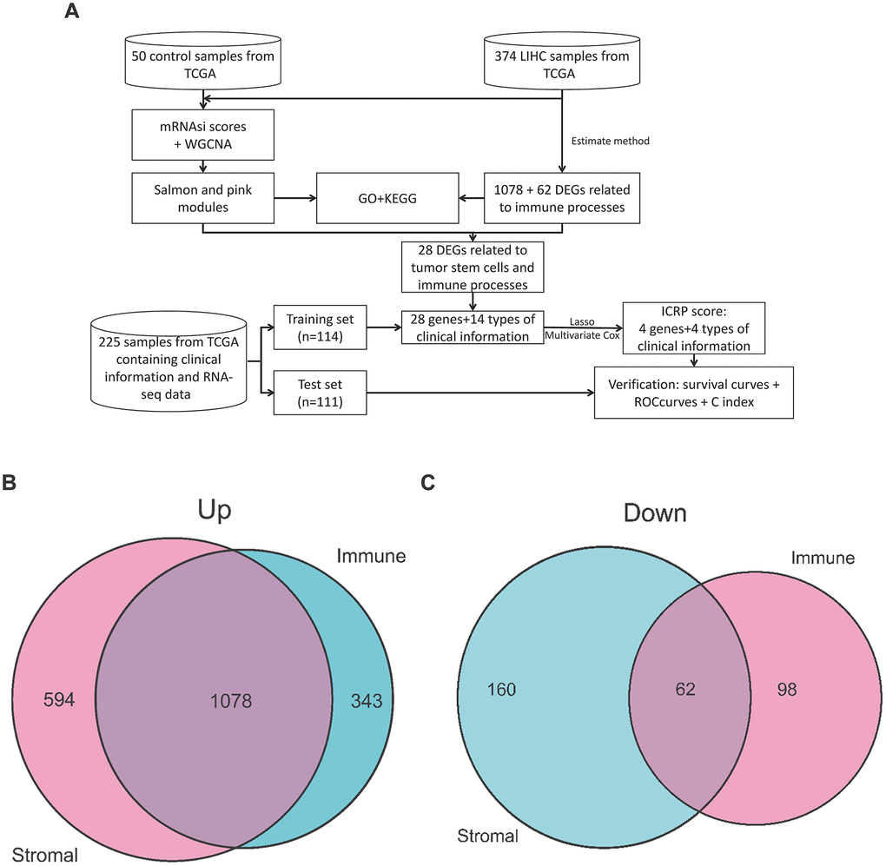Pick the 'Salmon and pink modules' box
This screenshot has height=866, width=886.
tap(202, 196)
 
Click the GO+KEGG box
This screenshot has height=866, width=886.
tap(379, 196)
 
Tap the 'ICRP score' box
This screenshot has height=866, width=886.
tap(694, 328)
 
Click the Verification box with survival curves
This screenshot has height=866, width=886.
tap(693, 393)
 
